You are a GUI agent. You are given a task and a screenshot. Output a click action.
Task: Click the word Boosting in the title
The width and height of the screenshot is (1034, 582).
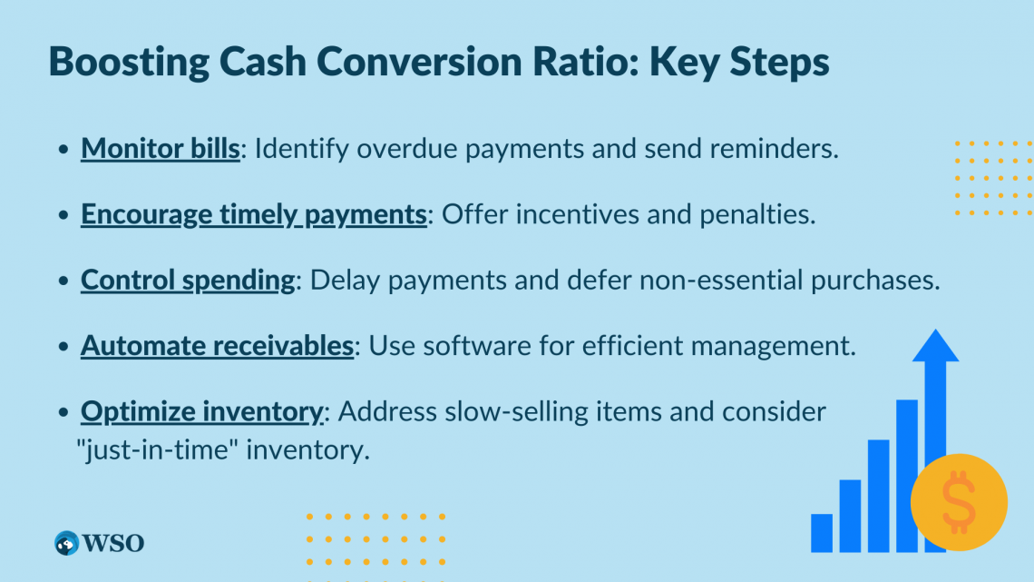pyautogui.click(x=129, y=63)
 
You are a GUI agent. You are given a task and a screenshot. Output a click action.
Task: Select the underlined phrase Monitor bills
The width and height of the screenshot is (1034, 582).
pyautogui.click(x=161, y=149)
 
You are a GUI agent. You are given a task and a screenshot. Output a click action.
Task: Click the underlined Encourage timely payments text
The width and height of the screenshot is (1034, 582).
pyautogui.click(x=254, y=215)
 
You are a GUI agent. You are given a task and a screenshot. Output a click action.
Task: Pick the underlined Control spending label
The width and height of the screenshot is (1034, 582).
pyautogui.click(x=188, y=281)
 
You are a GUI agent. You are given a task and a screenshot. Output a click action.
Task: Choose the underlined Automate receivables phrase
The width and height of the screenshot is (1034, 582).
pyautogui.click(x=218, y=346)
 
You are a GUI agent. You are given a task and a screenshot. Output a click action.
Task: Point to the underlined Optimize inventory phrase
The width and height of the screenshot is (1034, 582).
pyautogui.click(x=202, y=412)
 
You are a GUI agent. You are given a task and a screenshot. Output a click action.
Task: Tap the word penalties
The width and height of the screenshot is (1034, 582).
pyautogui.click(x=757, y=214)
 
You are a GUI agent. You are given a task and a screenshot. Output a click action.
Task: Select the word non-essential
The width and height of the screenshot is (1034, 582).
pyautogui.click(x=721, y=281)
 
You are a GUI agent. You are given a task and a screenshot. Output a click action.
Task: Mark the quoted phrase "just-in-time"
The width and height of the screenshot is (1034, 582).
pyautogui.click(x=157, y=450)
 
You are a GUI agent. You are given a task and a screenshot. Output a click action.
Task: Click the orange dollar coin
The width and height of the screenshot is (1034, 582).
pyautogui.click(x=959, y=502)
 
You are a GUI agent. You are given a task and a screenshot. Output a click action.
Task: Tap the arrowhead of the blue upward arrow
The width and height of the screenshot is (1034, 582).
pyautogui.click(x=935, y=345)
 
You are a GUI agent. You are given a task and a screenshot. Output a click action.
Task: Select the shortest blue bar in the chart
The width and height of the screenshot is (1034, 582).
pyautogui.click(x=822, y=532)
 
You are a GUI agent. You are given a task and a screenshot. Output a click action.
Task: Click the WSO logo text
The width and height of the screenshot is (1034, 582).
pyautogui.click(x=112, y=543)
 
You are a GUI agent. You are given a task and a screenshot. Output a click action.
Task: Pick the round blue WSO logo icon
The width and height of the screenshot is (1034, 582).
pyautogui.click(x=66, y=543)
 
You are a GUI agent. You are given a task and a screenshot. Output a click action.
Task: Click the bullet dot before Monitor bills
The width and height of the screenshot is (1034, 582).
pyautogui.click(x=63, y=149)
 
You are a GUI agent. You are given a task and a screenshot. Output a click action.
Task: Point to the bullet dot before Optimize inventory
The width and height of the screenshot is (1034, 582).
pyautogui.click(x=63, y=412)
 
